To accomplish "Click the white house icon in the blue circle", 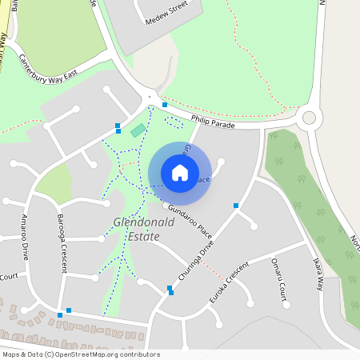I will [x=180, y=172].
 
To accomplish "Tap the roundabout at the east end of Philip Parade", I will [x=309, y=118].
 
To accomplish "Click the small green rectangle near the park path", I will [x=138, y=130].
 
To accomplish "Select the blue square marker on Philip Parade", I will [x=165, y=105].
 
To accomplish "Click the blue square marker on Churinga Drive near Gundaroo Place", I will [x=236, y=206].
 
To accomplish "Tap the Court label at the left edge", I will [x=9, y=277].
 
